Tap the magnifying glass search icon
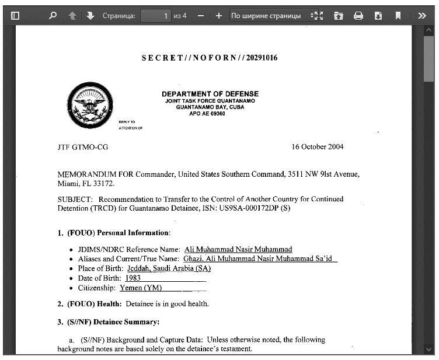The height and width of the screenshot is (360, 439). (x=53, y=16)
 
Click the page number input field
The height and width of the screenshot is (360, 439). (x=156, y=16)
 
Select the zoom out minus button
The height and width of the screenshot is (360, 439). (x=201, y=16)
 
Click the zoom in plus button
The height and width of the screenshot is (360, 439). (x=219, y=16)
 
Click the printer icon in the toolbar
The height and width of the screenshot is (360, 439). (x=358, y=16)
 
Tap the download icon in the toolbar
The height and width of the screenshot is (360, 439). (x=378, y=16)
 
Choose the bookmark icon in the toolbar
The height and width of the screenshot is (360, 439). (x=398, y=16)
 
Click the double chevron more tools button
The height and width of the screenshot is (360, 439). (x=422, y=16)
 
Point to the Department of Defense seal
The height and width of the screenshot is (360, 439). (x=90, y=105)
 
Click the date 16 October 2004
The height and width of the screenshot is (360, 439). (x=318, y=147)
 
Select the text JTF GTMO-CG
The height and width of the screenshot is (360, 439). (x=82, y=147)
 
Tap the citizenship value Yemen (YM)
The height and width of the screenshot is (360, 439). (x=141, y=288)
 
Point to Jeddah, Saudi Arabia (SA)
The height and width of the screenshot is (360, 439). (x=165, y=268)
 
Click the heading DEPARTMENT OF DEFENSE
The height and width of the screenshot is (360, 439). (x=210, y=94)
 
